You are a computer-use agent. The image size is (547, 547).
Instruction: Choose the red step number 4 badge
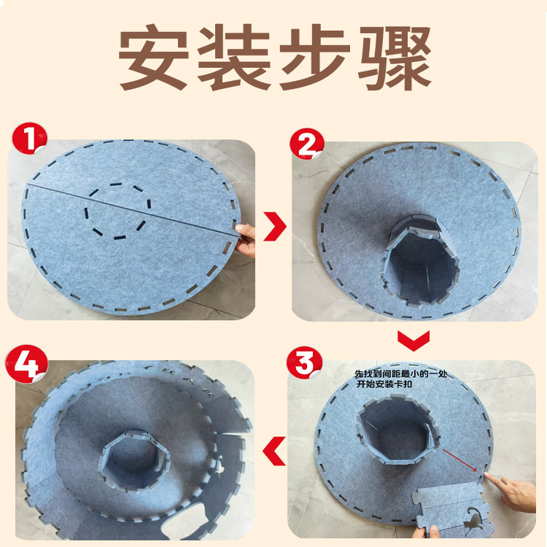click(27, 363)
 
